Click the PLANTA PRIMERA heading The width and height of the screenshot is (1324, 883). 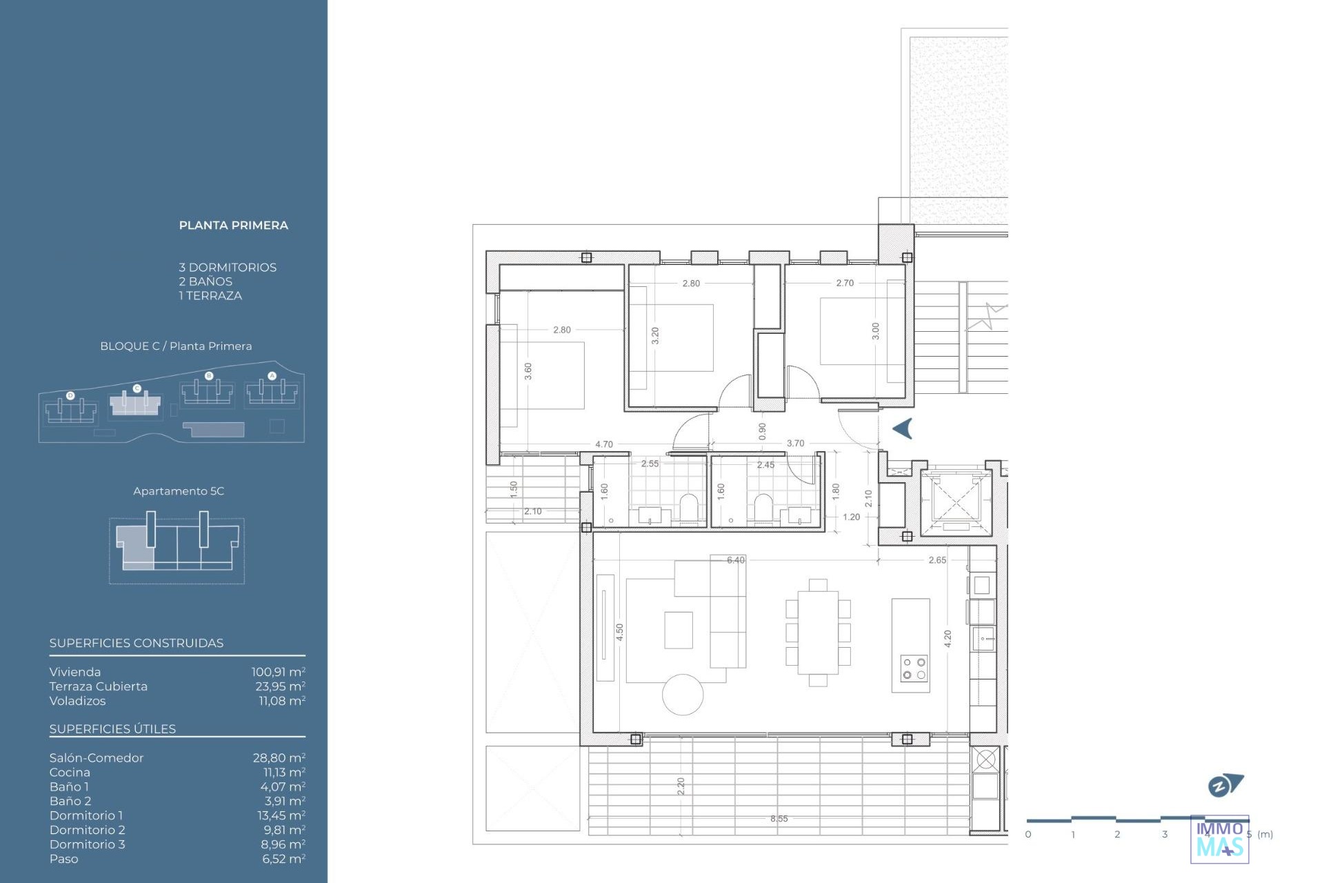pyautogui.click(x=234, y=226)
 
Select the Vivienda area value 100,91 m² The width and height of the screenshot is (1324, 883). pyautogui.click(x=279, y=672)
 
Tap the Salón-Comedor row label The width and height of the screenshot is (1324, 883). pyautogui.click(x=97, y=757)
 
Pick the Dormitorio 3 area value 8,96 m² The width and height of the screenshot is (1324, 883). pyautogui.click(x=283, y=844)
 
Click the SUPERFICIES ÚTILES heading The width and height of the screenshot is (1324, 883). pyautogui.click(x=112, y=729)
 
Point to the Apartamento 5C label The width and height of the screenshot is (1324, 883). pyautogui.click(x=179, y=491)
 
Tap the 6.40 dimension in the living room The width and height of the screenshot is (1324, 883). pyautogui.click(x=736, y=560)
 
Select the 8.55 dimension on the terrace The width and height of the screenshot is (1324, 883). pyautogui.click(x=779, y=819)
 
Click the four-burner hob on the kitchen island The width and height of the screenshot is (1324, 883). pyautogui.click(x=914, y=668)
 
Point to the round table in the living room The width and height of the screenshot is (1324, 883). pyautogui.click(x=683, y=695)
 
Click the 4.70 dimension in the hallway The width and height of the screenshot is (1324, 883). pyautogui.click(x=604, y=444)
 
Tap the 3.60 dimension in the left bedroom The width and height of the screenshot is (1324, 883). pyautogui.click(x=528, y=372)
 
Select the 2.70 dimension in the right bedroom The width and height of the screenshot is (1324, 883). pyautogui.click(x=845, y=283)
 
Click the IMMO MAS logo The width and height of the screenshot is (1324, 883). pyautogui.click(x=1220, y=839)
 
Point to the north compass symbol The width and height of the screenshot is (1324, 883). pyautogui.click(x=1225, y=785)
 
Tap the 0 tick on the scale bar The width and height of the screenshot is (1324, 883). pyautogui.click(x=1028, y=834)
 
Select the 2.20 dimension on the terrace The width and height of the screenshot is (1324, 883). pyautogui.click(x=681, y=786)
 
